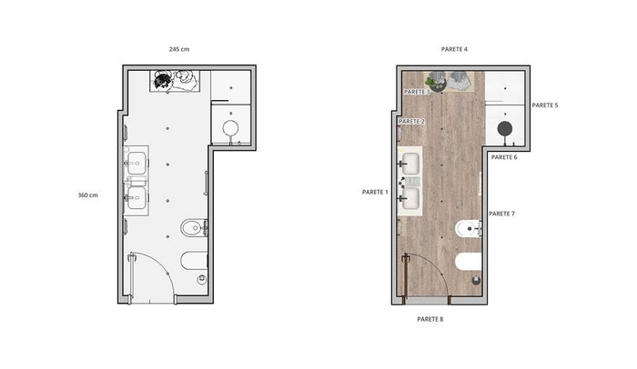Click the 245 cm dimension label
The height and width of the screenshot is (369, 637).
[x=179, y=49]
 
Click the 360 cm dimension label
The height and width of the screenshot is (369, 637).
[x=87, y=195]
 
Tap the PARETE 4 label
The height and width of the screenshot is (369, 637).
[x=454, y=49]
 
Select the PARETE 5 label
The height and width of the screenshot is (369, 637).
[x=545, y=105]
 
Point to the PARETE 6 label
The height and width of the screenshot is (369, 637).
[x=504, y=157]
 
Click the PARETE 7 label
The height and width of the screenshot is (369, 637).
[x=501, y=214]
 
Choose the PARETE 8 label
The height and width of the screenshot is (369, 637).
[x=430, y=320]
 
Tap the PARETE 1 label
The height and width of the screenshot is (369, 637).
[x=375, y=192]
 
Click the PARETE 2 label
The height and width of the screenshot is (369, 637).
[x=411, y=122]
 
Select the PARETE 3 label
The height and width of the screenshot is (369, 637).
[x=417, y=92]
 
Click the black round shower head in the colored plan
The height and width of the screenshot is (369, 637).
[x=504, y=129]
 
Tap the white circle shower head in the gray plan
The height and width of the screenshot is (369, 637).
[x=230, y=128]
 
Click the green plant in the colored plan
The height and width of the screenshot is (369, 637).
[x=431, y=82]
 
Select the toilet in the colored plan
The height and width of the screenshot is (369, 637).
[x=469, y=262]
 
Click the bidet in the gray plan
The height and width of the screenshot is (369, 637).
[x=194, y=228]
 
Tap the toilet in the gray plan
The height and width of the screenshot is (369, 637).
[x=194, y=261]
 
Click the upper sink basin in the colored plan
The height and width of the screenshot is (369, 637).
[x=410, y=164]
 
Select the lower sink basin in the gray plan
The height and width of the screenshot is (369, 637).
[x=136, y=198]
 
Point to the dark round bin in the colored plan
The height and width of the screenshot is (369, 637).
[x=476, y=280]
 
